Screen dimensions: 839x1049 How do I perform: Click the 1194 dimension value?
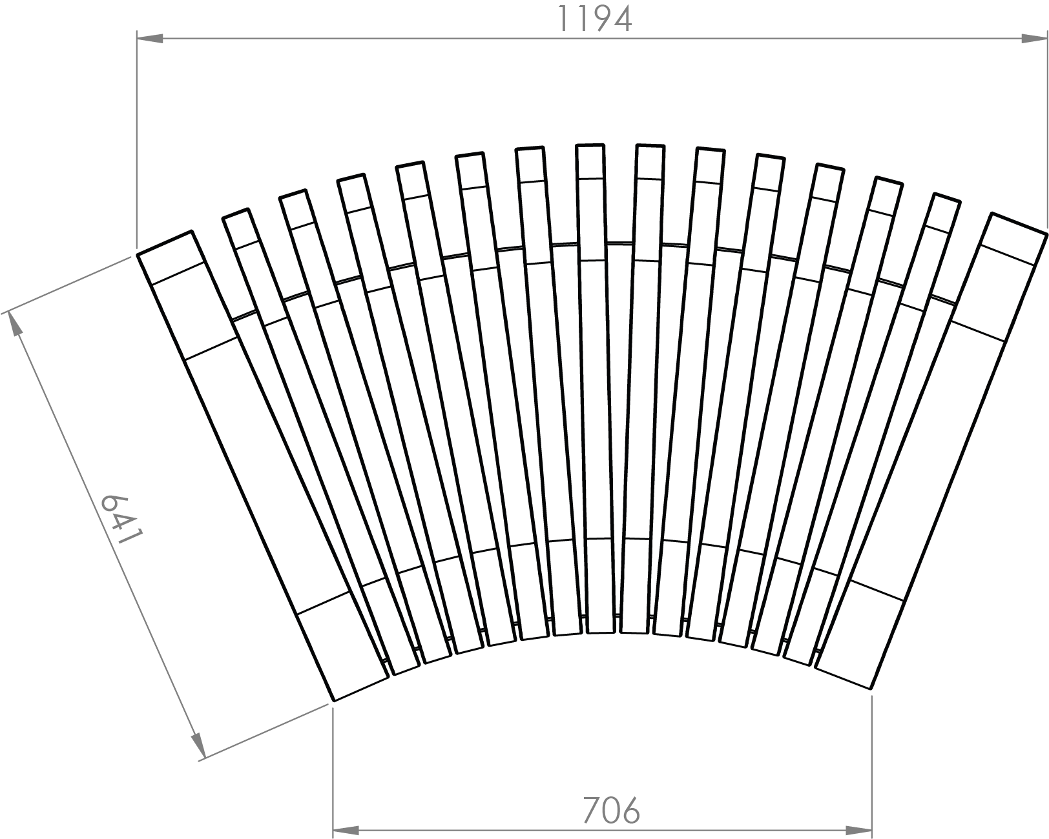point(594,19)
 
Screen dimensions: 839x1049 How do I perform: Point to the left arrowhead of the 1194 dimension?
point(151,39)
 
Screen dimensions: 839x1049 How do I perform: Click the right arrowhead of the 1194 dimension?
point(1033,39)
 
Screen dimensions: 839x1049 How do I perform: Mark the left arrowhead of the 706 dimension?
point(346,830)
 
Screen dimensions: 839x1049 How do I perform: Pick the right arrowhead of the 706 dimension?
point(859,830)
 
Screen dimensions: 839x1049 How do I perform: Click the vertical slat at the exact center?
point(595,387)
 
